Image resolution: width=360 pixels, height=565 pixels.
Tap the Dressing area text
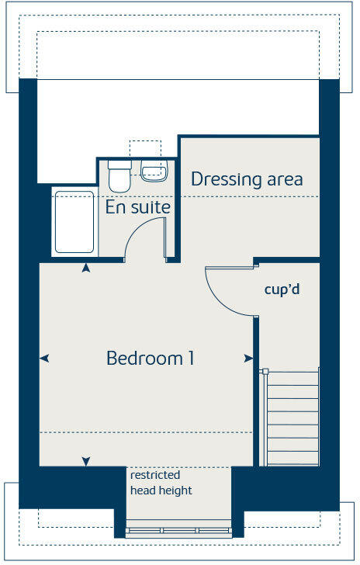[x=247, y=179]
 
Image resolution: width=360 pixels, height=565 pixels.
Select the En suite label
[x=138, y=207]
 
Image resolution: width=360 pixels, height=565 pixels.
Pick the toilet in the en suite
[x=119, y=175]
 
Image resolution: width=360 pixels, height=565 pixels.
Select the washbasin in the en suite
[x=154, y=171]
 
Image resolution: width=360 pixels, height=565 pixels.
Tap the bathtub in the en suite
[x=74, y=222]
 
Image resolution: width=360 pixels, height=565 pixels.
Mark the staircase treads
[x=292, y=418]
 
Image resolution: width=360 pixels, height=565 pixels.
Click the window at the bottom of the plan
[x=180, y=531]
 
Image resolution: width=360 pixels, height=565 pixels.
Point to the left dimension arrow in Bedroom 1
[x=44, y=358]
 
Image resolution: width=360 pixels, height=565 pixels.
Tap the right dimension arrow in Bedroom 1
[x=248, y=358]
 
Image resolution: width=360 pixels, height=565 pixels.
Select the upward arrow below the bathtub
[x=85, y=268]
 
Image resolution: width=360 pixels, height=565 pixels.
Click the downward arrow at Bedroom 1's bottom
[x=85, y=462]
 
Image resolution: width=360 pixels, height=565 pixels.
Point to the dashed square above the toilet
[x=144, y=149]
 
